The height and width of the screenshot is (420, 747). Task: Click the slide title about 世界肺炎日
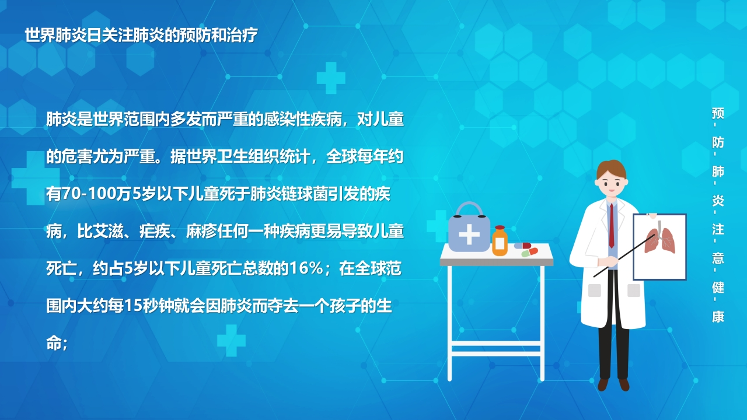141,35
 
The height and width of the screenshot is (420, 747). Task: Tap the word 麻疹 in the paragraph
201,232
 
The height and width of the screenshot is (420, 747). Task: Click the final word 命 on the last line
54,343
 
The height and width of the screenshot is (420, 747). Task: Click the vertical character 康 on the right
718,316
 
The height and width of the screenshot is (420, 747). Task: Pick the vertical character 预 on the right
718,113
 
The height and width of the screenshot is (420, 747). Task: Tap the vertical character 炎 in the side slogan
718,200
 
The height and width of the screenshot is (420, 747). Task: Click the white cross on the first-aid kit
469,235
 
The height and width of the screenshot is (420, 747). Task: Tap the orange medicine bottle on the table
500,241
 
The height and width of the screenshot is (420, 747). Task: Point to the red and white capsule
523,246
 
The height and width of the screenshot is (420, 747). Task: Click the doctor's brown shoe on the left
603,384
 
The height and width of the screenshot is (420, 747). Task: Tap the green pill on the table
526,254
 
